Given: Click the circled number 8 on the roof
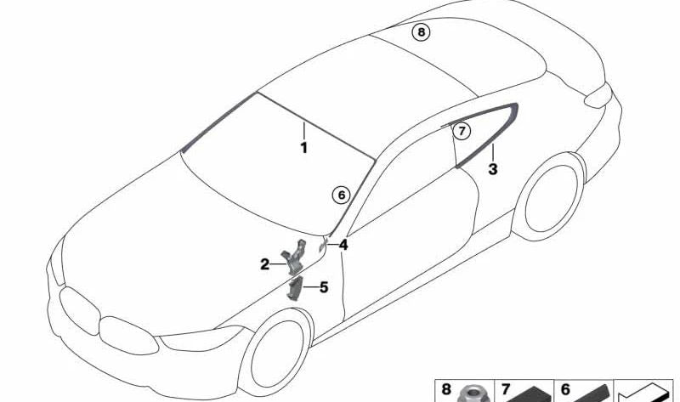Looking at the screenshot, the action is [421, 32].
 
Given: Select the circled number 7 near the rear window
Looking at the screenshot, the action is [462, 131].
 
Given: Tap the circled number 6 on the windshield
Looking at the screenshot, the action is [342, 195].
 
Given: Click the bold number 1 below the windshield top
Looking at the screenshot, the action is [304, 148].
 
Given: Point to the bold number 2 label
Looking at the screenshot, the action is [264, 264].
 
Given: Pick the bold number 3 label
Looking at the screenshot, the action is [493, 169].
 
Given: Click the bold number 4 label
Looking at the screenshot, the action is [343, 245].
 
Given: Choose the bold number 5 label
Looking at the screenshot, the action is [324, 287].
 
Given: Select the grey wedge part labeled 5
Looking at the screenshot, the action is [293, 289].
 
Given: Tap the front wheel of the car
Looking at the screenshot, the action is [275, 353].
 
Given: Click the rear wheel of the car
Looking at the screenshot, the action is [550, 196].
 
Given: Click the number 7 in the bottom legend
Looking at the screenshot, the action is [505, 389].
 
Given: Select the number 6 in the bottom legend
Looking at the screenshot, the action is [565, 389].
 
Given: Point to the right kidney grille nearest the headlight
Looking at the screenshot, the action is [128, 335].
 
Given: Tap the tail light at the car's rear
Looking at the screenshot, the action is [598, 95].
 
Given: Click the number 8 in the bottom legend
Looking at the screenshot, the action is [446, 389].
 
